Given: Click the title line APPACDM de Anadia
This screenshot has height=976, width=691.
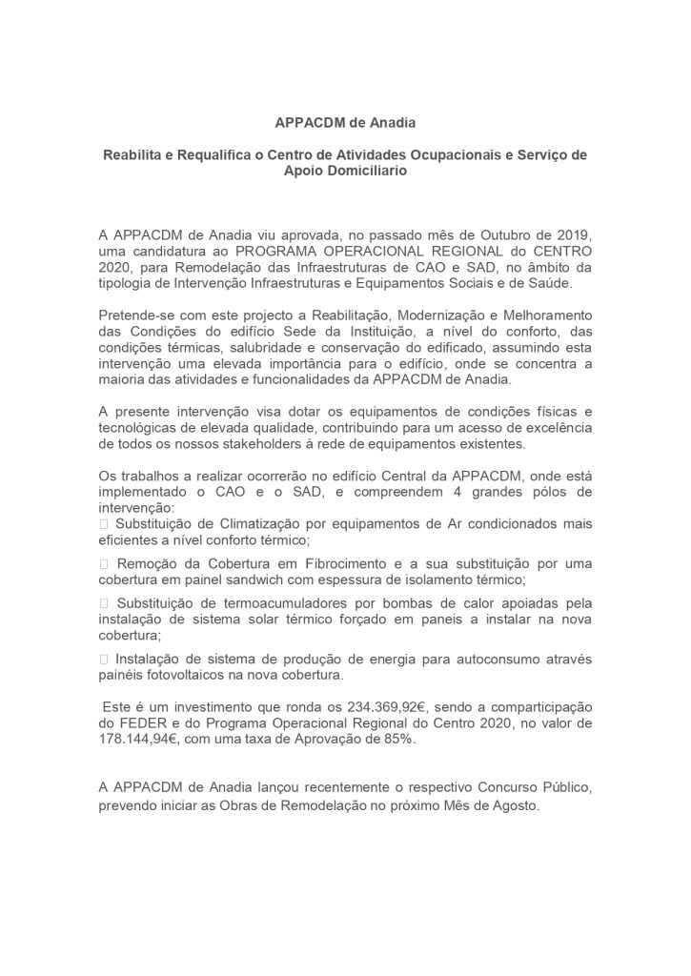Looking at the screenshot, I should tap(345, 122).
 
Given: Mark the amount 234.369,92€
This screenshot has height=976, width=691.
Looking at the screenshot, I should tap(365, 708).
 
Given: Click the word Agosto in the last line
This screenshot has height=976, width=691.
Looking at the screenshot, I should tap(514, 806).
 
